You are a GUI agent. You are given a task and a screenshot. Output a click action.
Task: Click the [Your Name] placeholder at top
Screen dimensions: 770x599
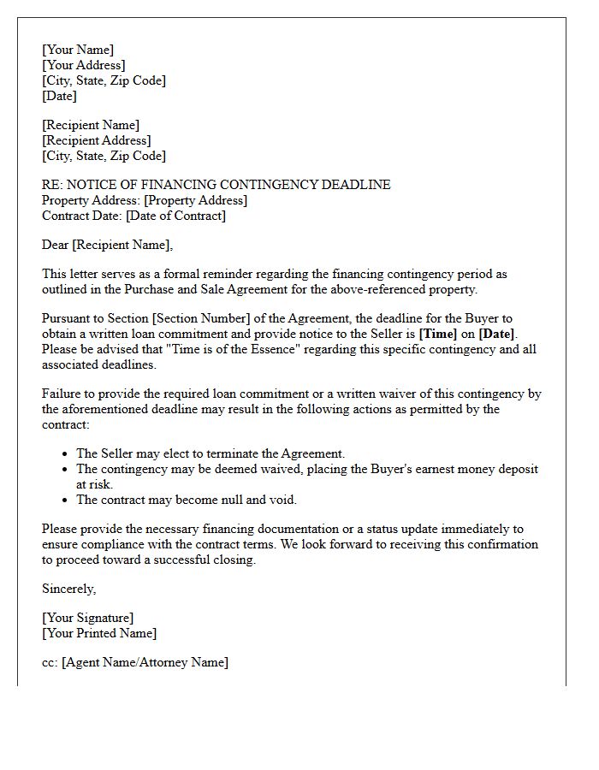[78, 50]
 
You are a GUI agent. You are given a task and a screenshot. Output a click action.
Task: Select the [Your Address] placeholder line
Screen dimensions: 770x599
[84, 65]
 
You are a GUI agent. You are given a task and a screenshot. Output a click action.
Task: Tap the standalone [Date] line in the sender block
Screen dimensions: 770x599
[59, 96]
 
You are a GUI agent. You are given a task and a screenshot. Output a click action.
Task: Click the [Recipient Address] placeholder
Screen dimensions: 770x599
[97, 140]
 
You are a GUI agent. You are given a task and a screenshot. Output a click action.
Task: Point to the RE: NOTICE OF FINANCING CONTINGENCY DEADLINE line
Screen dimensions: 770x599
[216, 185]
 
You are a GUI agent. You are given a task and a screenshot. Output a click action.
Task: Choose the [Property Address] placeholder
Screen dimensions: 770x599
[196, 200]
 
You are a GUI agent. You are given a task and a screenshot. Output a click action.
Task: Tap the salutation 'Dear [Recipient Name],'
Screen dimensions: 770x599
[107, 245]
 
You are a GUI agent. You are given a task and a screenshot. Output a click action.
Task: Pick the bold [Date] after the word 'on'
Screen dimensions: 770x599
[496, 334]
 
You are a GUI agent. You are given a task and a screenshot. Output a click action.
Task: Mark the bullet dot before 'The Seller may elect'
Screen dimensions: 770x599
[66, 454]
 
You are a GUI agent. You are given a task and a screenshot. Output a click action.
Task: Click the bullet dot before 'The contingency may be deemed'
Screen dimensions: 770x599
[66, 470]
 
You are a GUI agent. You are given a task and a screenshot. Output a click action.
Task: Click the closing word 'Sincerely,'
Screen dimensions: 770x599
[69, 589]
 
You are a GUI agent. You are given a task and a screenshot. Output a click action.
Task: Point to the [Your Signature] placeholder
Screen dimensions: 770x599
[88, 618]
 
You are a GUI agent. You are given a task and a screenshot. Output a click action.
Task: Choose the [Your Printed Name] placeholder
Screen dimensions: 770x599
[99, 633]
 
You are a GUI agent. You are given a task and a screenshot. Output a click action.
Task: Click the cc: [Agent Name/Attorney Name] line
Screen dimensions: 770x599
[135, 662]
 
